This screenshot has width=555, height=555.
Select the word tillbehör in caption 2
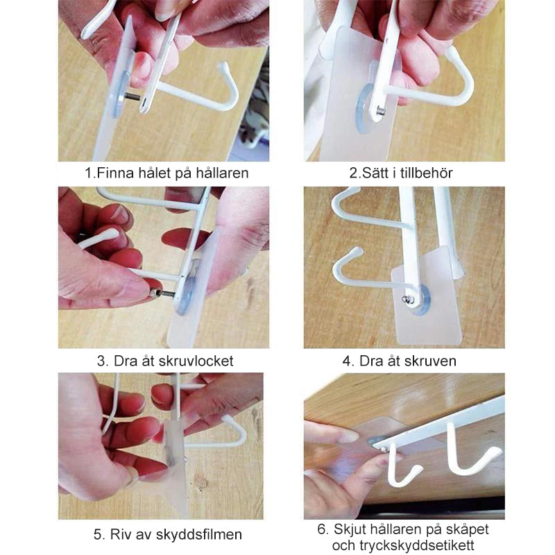click(427, 173)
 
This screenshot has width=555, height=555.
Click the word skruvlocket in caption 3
click(196, 361)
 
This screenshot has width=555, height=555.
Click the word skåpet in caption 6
click(466, 529)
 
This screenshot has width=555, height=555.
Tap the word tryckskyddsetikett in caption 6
click(417, 545)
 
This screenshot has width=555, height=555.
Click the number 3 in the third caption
click(101, 361)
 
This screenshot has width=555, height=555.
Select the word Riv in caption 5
click(119, 534)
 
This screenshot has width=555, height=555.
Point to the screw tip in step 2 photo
click(381, 112)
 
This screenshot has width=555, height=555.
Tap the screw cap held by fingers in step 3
click(155, 293)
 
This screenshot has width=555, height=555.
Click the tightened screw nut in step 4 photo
click(407, 300)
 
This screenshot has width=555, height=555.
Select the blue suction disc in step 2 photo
click(365, 108)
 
